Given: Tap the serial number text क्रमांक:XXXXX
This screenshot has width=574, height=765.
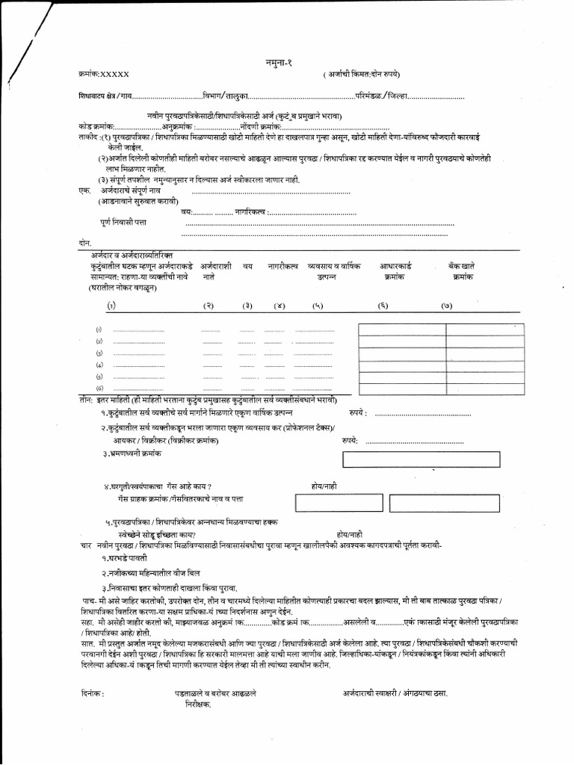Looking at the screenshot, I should point(104,75).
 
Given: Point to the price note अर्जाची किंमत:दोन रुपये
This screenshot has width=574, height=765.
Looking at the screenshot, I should point(362,75).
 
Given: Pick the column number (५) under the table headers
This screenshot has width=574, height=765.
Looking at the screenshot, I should point(318,306).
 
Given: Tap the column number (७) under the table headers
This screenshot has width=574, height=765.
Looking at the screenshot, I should point(447,306).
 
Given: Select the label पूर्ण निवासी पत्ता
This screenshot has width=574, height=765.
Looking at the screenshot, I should point(124,223).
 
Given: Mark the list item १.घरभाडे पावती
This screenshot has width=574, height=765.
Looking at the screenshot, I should point(125,558).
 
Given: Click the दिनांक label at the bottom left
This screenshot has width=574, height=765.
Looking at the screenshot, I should point(90,694).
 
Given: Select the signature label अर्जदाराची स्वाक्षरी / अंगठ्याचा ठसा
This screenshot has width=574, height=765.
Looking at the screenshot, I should point(395,694).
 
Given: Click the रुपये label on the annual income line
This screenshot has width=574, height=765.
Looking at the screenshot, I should point(357,412).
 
